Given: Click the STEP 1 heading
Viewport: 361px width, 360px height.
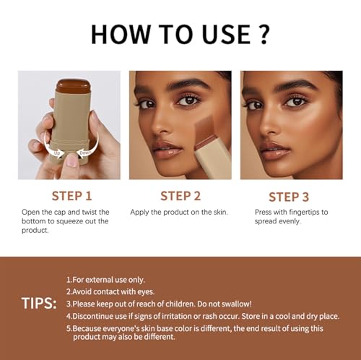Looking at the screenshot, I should coord(71,195).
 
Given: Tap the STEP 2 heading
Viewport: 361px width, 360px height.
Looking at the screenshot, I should coord(180,195).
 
